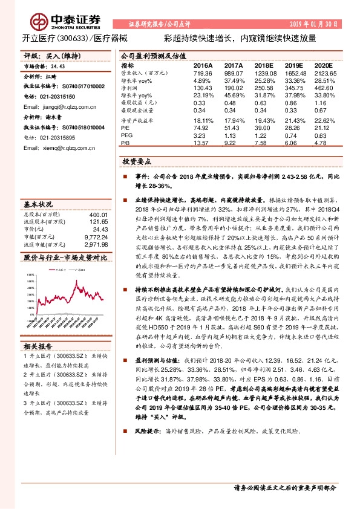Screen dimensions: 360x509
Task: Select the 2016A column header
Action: click(203, 65)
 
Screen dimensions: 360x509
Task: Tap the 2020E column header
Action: click(324, 65)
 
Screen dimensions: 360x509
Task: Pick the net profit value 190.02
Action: click(232, 88)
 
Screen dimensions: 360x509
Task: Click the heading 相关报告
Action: click(38, 346)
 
